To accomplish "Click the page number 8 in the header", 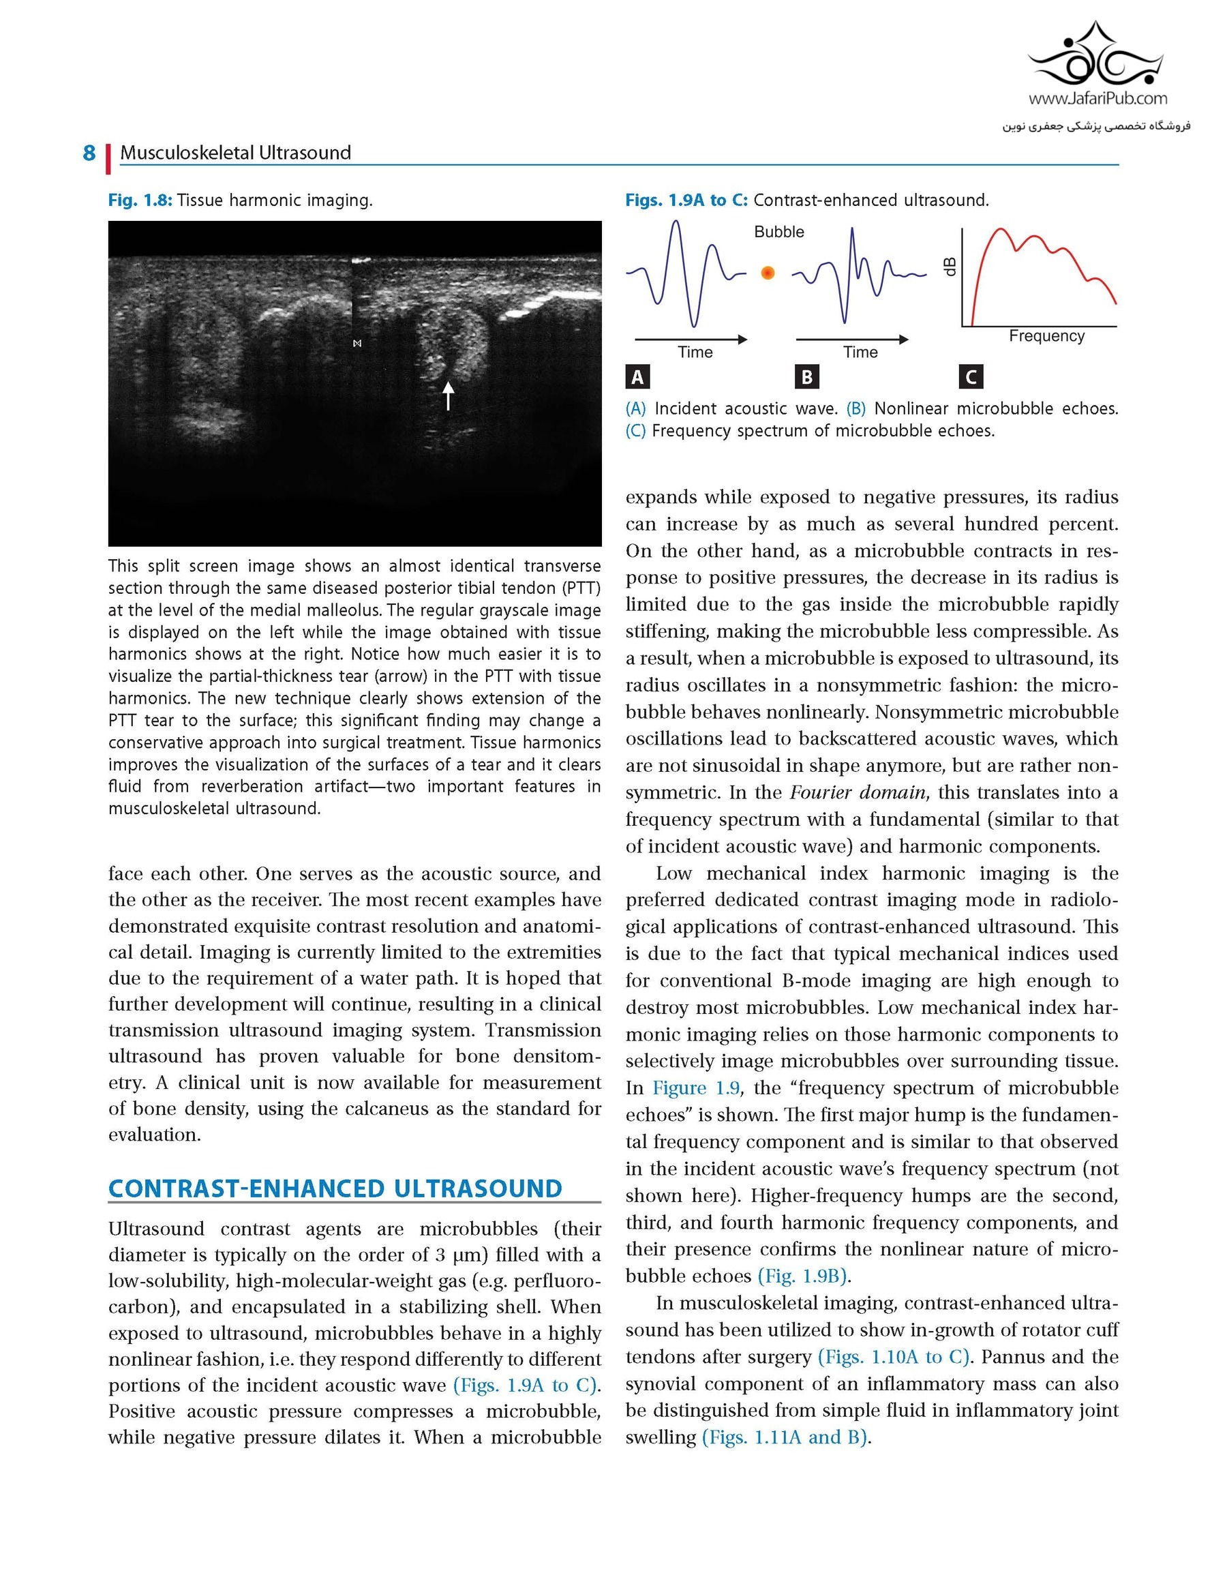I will click(89, 153).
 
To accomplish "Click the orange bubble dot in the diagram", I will click(767, 273).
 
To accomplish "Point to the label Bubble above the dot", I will click(778, 232).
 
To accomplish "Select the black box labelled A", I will click(637, 376).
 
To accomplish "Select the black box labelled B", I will click(807, 376).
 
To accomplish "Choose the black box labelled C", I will click(971, 376).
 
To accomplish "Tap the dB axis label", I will click(949, 267).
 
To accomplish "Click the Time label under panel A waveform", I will click(695, 353).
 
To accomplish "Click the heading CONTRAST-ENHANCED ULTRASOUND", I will click(335, 1189).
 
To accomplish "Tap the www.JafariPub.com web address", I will click(1097, 98).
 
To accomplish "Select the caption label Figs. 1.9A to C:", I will click(686, 200).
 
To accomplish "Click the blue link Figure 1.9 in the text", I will click(695, 1088).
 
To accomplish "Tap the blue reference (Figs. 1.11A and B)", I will click(785, 1437).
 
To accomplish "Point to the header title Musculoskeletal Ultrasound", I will click(235, 153).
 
